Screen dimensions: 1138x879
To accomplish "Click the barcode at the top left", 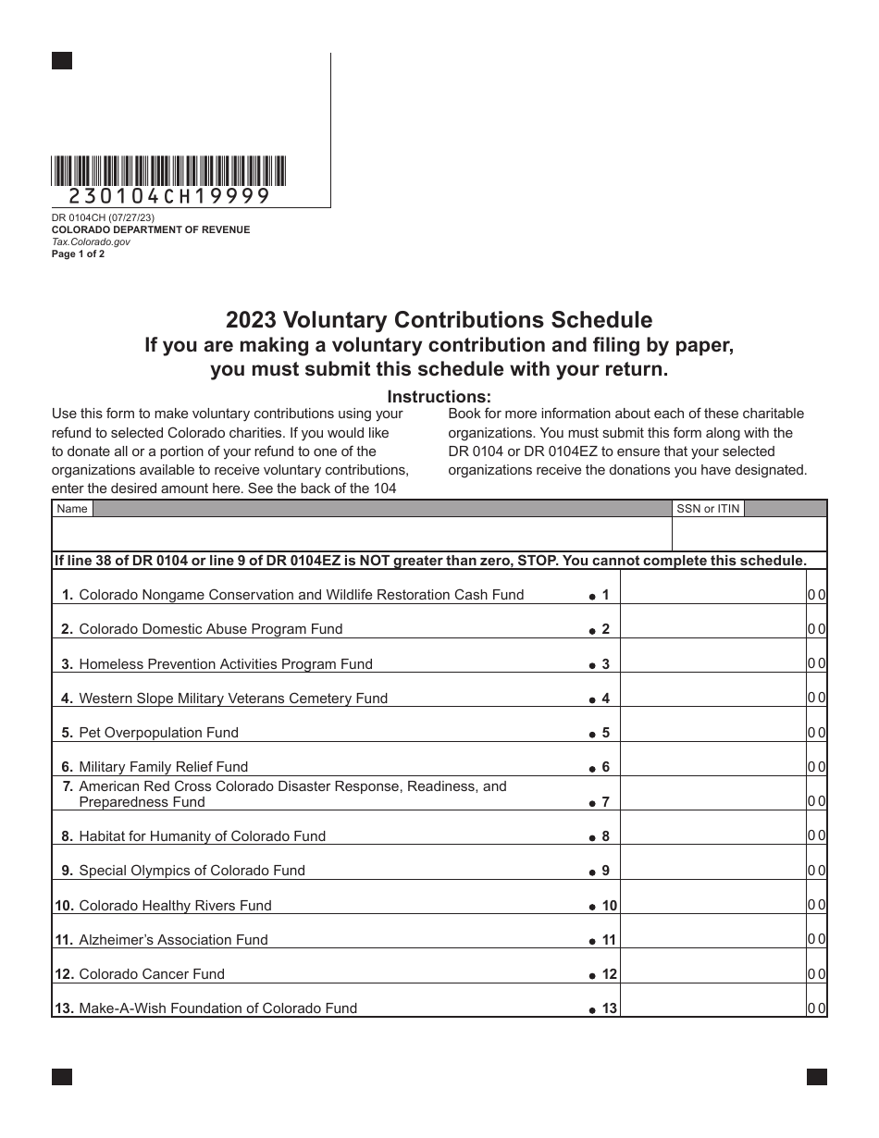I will pyautogui.click(x=169, y=171).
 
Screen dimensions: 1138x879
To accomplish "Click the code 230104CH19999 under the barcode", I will pyautogui.click(x=169, y=196).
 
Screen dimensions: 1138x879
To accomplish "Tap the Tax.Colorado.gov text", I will pyautogui.click(x=91, y=241).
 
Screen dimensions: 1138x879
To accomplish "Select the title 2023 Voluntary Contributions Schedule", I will pyautogui.click(x=439, y=320).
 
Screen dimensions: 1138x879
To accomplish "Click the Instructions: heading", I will pyautogui.click(x=439, y=397).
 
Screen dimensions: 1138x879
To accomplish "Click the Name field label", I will pyautogui.click(x=72, y=508).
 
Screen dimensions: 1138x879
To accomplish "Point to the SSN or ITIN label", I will pyautogui.click(x=708, y=508).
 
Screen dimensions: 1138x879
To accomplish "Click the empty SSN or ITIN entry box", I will pyautogui.click(x=749, y=534).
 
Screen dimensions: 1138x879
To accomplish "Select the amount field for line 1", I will pyautogui.click(x=712, y=595).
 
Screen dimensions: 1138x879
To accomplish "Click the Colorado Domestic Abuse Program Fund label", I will pyautogui.click(x=210, y=629).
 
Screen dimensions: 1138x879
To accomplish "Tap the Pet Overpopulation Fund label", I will pyautogui.click(x=158, y=733).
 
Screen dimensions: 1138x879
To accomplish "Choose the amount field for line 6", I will pyautogui.click(x=712, y=767).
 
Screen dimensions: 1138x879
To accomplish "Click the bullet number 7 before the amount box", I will pyautogui.click(x=600, y=802).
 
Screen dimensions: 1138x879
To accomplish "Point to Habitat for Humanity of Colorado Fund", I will pyautogui.click(x=202, y=836).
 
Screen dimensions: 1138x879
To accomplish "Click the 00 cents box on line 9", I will pyautogui.click(x=816, y=871).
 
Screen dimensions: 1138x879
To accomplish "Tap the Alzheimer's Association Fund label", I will pyautogui.click(x=173, y=940).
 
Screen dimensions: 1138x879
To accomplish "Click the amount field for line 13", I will pyautogui.click(x=712, y=1008).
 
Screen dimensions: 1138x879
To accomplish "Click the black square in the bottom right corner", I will pyautogui.click(x=816, y=1077).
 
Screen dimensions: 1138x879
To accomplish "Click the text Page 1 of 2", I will pyautogui.click(x=78, y=254).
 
